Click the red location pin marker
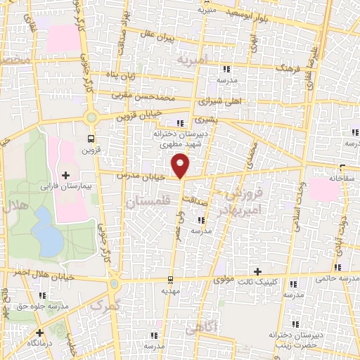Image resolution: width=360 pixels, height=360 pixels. (x=181, y=165)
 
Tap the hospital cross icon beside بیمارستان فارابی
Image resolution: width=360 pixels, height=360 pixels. (x=66, y=174)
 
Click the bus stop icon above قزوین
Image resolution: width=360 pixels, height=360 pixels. (x=90, y=138)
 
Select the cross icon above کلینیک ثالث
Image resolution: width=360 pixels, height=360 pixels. (x=257, y=271)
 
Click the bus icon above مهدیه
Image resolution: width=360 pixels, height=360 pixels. (x=171, y=280)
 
